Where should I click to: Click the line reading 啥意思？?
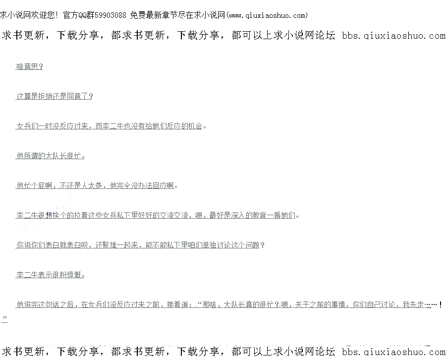29,67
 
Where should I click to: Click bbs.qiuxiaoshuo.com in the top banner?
393,36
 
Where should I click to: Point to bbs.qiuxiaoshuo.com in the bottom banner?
393,352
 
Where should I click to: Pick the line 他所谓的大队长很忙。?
50,156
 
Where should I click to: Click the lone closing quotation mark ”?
4,317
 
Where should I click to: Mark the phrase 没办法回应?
150,185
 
